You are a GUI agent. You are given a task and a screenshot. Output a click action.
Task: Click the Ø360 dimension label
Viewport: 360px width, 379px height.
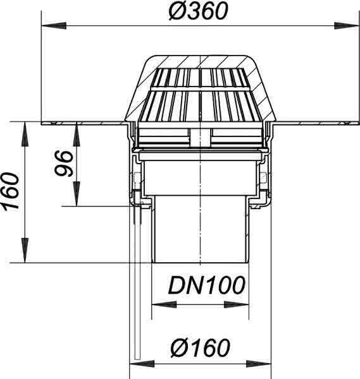(x=198, y=11)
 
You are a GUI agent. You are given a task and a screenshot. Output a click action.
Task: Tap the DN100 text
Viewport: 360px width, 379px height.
(x=206, y=286)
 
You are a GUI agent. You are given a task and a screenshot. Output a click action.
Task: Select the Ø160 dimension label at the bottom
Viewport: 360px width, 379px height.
(x=200, y=347)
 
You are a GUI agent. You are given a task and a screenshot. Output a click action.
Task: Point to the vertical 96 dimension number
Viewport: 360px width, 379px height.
(x=64, y=164)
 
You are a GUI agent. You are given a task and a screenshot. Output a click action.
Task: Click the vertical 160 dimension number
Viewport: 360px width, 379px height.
(x=10, y=191)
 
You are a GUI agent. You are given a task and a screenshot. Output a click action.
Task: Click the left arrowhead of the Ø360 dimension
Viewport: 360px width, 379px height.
(x=54, y=26)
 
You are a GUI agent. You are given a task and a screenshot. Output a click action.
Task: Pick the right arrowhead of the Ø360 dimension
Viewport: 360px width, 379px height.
(x=346, y=26)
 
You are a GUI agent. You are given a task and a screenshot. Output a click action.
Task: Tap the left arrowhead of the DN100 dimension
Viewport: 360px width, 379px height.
(x=164, y=304)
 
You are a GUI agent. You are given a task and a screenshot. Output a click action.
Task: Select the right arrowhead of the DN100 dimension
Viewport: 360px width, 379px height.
(x=237, y=304)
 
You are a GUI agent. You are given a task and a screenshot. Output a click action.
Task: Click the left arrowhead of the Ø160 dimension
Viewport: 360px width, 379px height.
(x=142, y=364)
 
